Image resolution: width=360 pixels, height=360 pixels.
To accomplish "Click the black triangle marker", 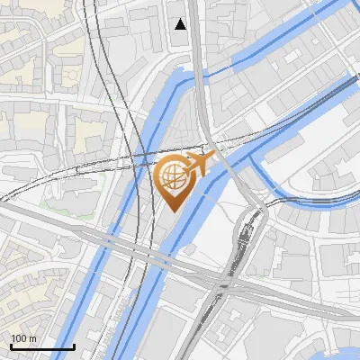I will [x=181, y=24].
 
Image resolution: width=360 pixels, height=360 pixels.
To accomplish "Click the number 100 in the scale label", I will [x=17, y=338].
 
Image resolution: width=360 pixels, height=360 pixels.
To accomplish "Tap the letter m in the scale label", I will [x=32, y=338].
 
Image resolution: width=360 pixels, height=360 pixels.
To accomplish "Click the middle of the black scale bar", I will [x=41, y=346].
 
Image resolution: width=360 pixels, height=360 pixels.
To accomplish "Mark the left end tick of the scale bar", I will [x=10, y=346].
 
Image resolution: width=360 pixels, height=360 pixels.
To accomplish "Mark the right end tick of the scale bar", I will [x=74, y=346].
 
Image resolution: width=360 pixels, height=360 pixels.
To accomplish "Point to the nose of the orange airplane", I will [x=213, y=157].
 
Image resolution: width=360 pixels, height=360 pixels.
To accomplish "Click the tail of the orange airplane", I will [x=184, y=168].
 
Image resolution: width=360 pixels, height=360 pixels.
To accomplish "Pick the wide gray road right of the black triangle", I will [x=200, y=36].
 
